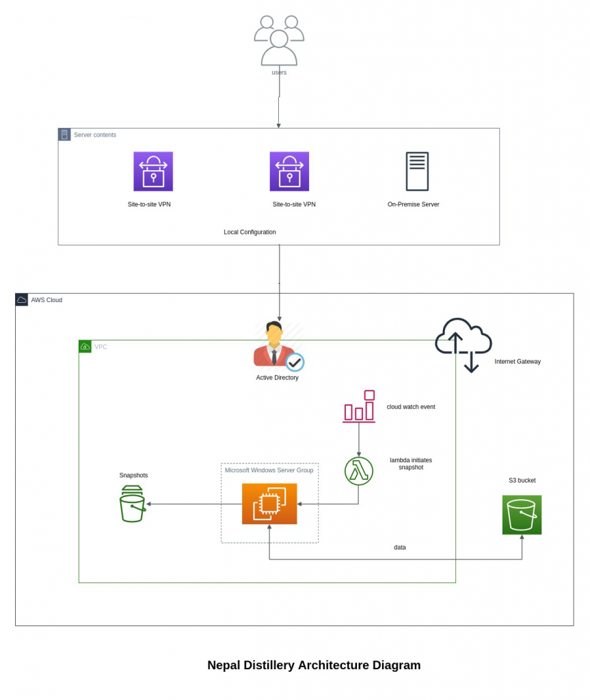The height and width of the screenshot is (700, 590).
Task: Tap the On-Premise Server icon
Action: coord(417,171)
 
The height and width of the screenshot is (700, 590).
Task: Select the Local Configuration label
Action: coord(250,232)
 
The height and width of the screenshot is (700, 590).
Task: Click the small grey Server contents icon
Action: coord(64,135)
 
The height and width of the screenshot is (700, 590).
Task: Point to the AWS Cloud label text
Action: coord(46,300)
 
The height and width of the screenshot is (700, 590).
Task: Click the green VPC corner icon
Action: coord(85,347)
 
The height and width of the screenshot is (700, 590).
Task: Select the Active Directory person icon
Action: coord(276,346)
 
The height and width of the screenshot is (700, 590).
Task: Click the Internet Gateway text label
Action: coord(518,362)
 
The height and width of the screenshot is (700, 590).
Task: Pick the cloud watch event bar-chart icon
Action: coord(360,406)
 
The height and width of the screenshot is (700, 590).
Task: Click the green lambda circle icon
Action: coord(359,471)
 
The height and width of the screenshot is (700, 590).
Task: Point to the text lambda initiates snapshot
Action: coord(411,463)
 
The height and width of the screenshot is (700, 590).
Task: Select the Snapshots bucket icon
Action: coord(132,504)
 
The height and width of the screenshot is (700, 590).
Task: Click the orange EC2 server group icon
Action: coord(269,504)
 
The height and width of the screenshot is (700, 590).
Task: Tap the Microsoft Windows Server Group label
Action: coord(269,470)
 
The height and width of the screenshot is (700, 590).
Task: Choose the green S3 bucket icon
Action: coord(522,515)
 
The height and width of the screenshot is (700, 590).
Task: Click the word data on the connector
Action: coord(400,548)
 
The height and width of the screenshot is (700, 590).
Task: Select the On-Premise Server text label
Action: coord(413,204)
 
